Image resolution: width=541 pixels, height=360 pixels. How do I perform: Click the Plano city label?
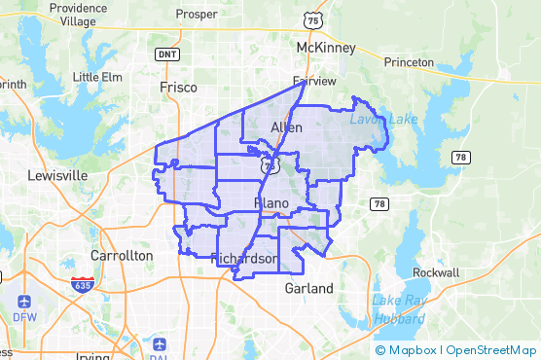[x=271, y=202]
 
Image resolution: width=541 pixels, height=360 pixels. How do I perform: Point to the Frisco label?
[x=178, y=88]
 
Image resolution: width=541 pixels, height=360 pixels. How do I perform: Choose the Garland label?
[x=308, y=289]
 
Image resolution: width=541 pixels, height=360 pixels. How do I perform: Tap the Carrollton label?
[x=122, y=255]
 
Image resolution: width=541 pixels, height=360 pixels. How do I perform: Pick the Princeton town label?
[x=409, y=62]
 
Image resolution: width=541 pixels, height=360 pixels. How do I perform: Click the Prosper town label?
[x=198, y=15]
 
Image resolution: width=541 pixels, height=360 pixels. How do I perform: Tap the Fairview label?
[x=315, y=82]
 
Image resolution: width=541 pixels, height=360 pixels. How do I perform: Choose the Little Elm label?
[x=98, y=77]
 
